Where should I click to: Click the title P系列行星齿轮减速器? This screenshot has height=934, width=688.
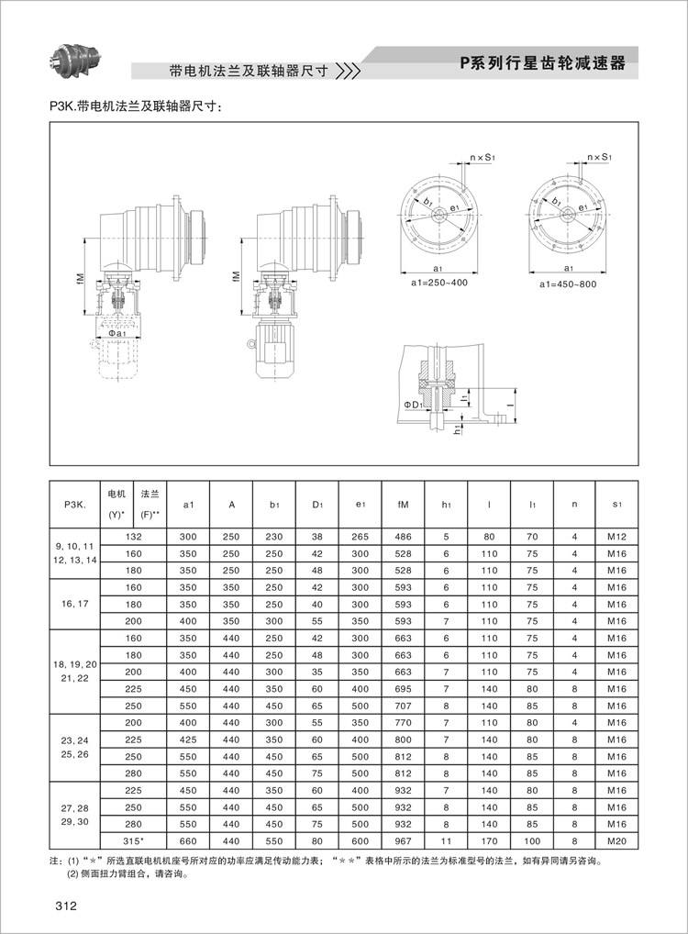click(x=542, y=63)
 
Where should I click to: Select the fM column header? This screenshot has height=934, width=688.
click(x=403, y=504)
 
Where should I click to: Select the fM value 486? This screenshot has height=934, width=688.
click(x=403, y=536)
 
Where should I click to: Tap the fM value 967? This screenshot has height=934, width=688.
click(x=403, y=841)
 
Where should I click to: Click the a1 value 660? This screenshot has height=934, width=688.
click(x=188, y=841)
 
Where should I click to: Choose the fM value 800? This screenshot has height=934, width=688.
click(x=403, y=739)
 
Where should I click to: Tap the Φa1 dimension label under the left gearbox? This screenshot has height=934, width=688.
click(x=116, y=333)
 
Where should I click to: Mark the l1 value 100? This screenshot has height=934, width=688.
click(x=531, y=841)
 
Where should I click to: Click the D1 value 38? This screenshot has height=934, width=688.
click(x=317, y=536)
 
